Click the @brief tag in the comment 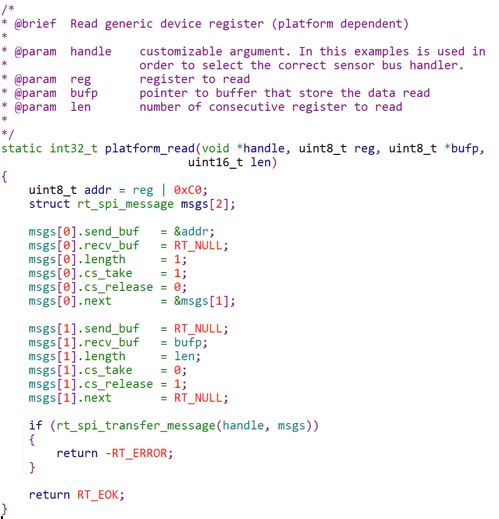pos(35,24)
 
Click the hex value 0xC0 pos(190,190)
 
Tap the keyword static pos(21,148)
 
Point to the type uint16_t pos(215,162)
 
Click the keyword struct pos(49,204)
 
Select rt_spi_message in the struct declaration pos(126,204)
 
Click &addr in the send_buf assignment pos(194,232)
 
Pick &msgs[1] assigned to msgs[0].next pos(204,301)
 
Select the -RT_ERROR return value pos(139,453)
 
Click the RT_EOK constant pos(98,495)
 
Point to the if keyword pos(36,425)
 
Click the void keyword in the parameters pos(215,148)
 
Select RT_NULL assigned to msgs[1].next pos(201,398)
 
